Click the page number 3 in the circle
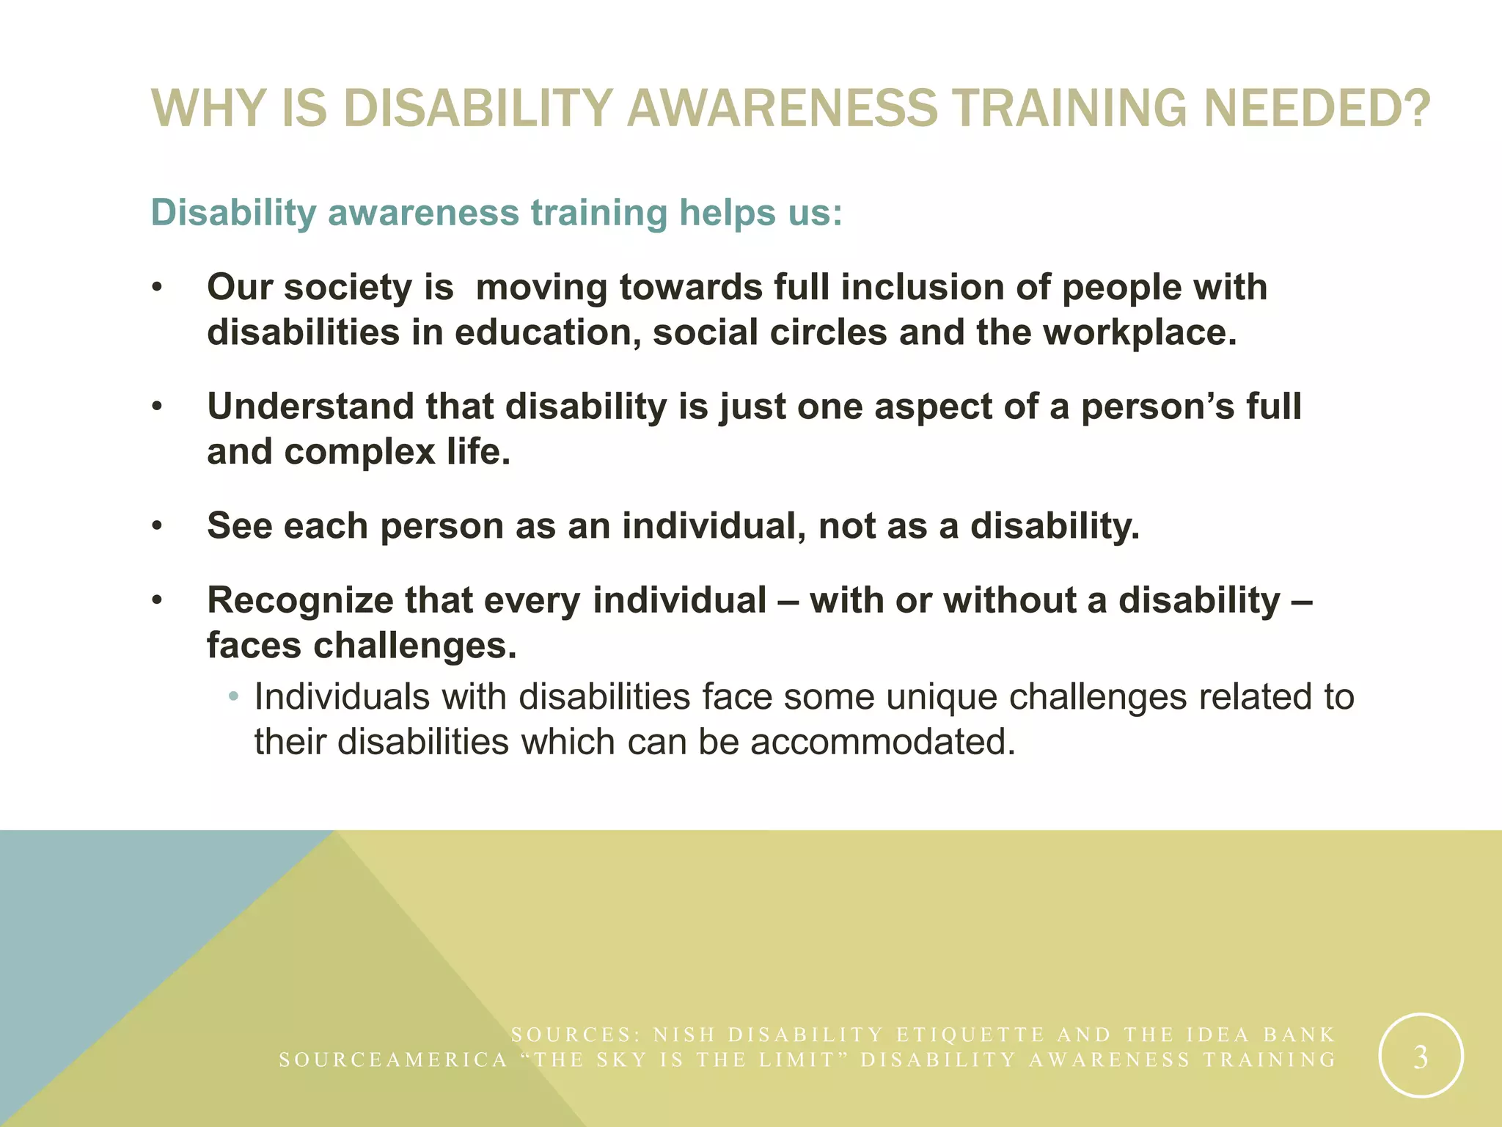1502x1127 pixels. click(x=1421, y=1057)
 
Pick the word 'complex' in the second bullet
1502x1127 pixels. click(x=360, y=452)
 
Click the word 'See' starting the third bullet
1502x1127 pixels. click(x=239, y=526)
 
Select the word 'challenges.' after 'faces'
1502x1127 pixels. click(x=415, y=646)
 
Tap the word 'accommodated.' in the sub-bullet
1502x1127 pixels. click(x=883, y=742)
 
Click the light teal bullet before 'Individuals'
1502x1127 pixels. click(x=233, y=696)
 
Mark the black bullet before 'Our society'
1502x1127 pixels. click(x=156, y=288)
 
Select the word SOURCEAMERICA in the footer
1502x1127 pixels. click(x=393, y=1060)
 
